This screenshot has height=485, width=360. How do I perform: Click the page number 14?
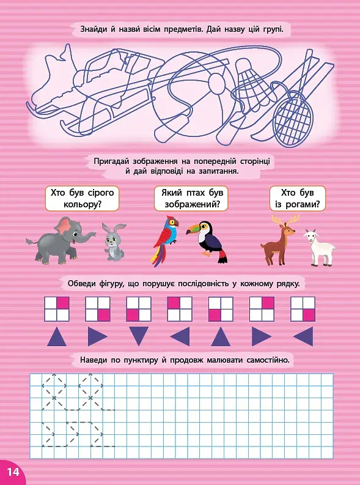[12, 472]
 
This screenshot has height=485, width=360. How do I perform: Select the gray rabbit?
[114, 242]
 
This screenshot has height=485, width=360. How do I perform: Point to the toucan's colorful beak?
[193, 230]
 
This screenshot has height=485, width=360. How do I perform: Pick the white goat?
[319, 248]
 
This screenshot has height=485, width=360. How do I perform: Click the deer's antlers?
[285, 220]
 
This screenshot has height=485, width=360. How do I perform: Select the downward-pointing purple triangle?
[139, 336]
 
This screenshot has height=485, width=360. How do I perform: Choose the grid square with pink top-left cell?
[180, 309]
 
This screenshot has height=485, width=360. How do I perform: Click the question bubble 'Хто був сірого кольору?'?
[82, 199]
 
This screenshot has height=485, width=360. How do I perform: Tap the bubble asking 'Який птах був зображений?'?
[191, 199]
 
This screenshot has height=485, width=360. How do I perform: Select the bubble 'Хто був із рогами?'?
[298, 199]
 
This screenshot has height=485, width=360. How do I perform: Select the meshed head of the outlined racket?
[293, 119]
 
